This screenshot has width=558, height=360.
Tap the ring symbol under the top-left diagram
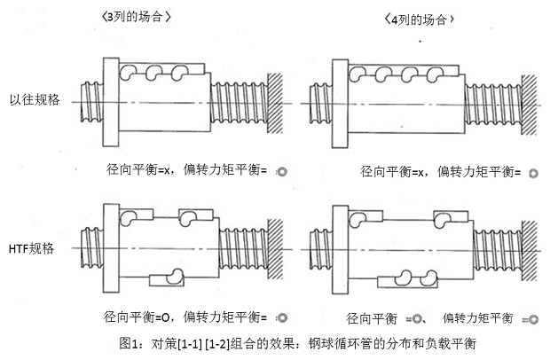point(283,170)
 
